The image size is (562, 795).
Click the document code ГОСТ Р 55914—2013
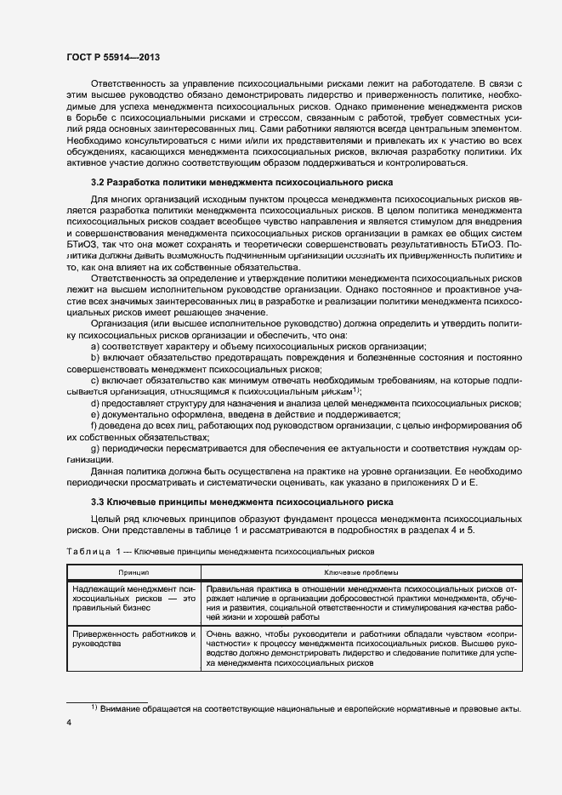[x=113, y=57]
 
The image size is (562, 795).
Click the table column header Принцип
[x=133, y=573]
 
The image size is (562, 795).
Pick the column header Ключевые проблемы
[x=360, y=573]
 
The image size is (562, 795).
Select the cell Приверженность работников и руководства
[x=133, y=639]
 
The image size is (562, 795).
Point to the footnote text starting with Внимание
[x=310, y=709]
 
